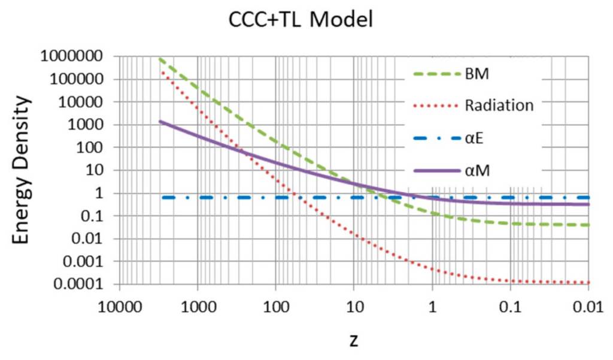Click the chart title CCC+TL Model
click(x=301, y=20)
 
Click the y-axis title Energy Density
click(x=22, y=171)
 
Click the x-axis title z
click(x=354, y=340)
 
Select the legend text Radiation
click(x=499, y=106)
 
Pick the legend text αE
click(x=474, y=139)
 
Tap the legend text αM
click(x=477, y=171)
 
